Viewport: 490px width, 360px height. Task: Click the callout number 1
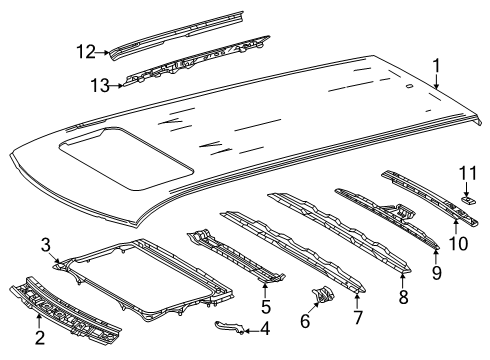pos(436,66)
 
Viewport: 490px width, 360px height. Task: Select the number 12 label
pos(86,52)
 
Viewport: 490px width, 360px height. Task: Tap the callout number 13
pos(100,86)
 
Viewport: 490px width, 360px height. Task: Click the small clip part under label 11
pos(469,199)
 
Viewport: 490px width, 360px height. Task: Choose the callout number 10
pos(458,243)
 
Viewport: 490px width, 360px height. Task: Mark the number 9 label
pos(437,272)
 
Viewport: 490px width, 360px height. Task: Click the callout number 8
pos(403,296)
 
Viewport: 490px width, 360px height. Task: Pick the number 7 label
pos(358,317)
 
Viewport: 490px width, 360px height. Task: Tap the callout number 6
pos(305,320)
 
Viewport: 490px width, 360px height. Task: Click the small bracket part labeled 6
pos(323,295)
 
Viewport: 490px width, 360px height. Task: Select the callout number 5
pos(266,306)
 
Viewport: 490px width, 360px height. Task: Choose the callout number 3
pos(46,245)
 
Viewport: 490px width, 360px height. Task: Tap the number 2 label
pos(40,338)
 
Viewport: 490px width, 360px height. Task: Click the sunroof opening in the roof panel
pos(126,158)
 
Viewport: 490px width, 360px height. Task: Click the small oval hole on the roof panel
pos(409,86)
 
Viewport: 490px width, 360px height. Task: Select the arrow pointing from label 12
pos(102,52)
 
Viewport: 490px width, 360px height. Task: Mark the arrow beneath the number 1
pos(437,82)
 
